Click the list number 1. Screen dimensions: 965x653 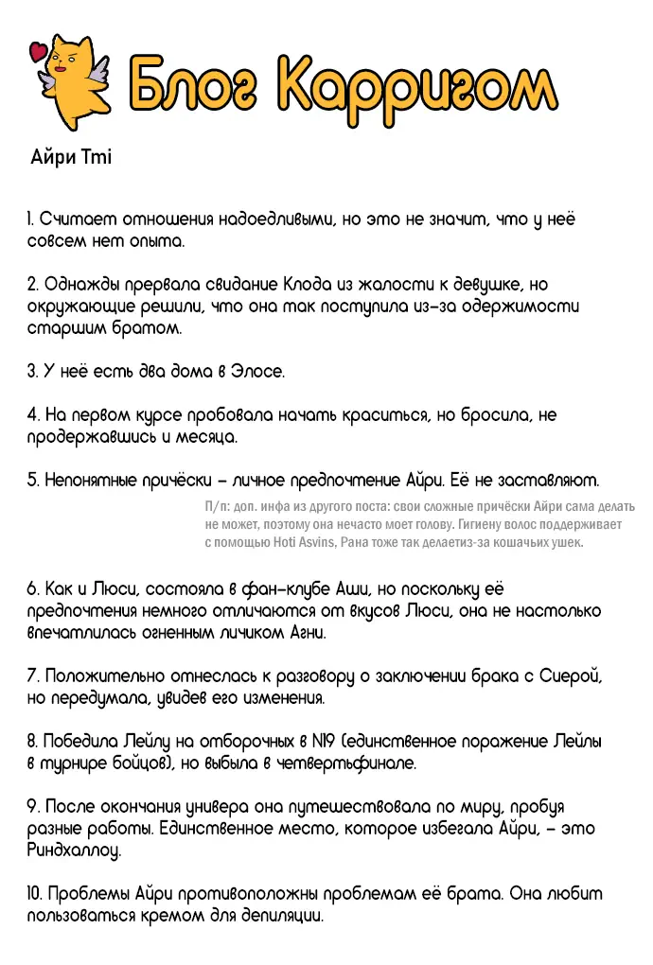pos(30,219)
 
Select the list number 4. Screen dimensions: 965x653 pos(32,414)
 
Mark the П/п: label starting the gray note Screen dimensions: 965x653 pos(217,507)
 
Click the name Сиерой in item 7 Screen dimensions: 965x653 pos(571,676)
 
